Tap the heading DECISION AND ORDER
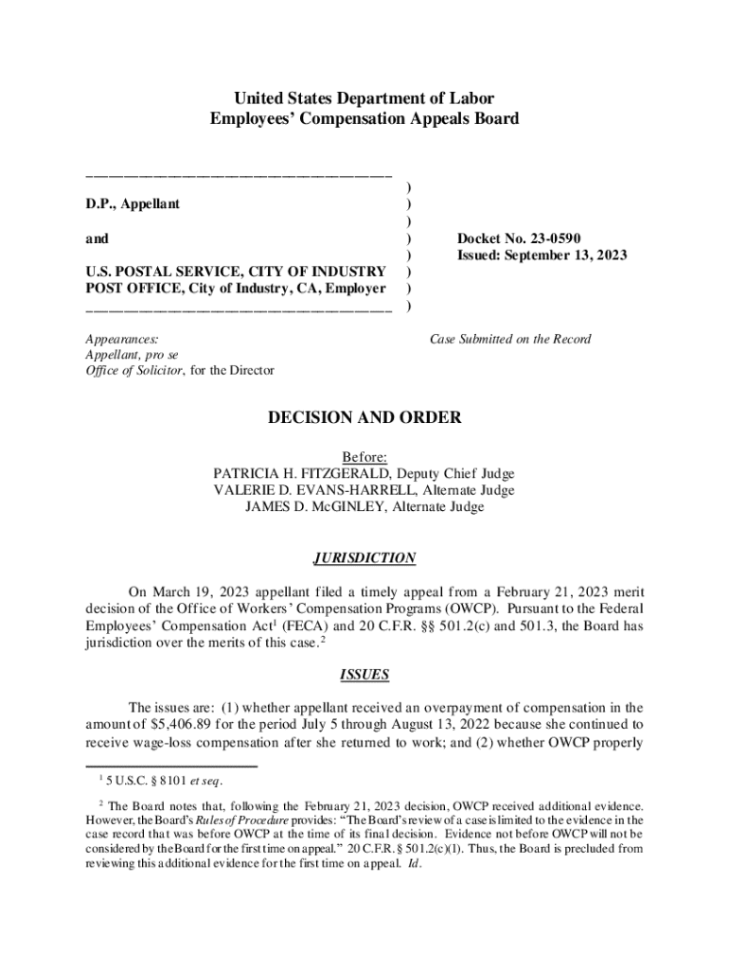pos(364,417)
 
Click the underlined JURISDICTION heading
pos(364,558)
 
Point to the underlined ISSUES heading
pos(364,675)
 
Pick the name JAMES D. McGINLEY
pos(308,507)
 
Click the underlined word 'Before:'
pos(364,456)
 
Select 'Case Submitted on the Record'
pos(510,339)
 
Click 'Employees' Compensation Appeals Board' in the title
pos(364,119)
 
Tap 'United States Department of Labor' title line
pos(364,99)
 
